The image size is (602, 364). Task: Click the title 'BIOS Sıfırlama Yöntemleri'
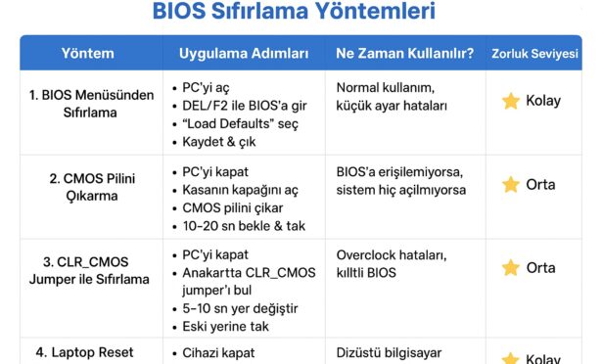294,11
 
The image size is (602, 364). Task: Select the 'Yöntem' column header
88,54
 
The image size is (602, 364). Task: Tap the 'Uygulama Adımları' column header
244,54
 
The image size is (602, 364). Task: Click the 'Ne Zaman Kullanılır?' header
405,54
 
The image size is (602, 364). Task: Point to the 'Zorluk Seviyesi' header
534,54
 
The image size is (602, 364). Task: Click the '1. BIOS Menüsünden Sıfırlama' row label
91,104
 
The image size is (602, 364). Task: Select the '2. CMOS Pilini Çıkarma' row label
92,187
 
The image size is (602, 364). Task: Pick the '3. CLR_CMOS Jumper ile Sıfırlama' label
89,270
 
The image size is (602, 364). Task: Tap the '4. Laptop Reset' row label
84,352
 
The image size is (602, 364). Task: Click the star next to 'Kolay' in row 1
511,101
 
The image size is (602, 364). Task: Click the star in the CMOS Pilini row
511,185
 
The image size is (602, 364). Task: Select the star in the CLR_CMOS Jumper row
511,268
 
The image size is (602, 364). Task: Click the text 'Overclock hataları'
392,255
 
